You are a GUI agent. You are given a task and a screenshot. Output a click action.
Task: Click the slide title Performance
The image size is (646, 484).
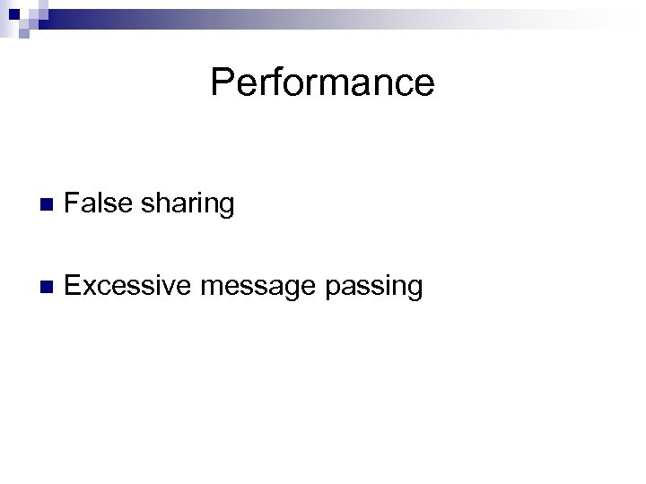(322, 83)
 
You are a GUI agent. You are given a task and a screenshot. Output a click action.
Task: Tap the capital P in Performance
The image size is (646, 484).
(221, 82)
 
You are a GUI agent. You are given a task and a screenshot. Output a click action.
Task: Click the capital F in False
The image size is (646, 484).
(73, 203)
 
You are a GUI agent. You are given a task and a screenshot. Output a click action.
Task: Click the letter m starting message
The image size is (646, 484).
(210, 289)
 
